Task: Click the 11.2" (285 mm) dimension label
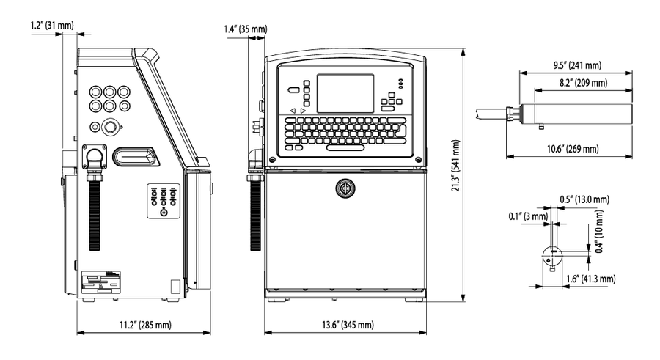[x=146, y=325]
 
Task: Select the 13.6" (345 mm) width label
[x=348, y=325]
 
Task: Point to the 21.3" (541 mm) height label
[x=456, y=166]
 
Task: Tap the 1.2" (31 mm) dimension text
[x=52, y=25]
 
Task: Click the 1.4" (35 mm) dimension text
[x=246, y=29]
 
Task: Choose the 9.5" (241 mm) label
[x=577, y=65]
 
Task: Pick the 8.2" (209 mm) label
[x=584, y=83]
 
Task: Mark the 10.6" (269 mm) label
[x=573, y=149]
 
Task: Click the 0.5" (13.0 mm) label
[x=584, y=199]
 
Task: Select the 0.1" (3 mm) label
[x=528, y=216]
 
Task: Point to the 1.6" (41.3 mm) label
[x=590, y=279]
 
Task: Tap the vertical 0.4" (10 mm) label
[x=599, y=232]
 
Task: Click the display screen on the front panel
[x=345, y=93]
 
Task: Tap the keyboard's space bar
[x=345, y=148]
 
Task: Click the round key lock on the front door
[x=345, y=188]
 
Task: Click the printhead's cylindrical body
[x=576, y=114]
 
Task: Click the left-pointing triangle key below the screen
[x=293, y=111]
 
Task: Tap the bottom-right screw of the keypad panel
[x=418, y=160]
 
